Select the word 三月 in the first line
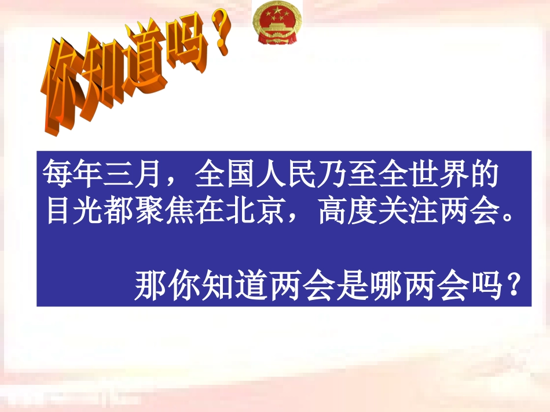click(x=138, y=176)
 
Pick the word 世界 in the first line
click(x=439, y=176)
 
